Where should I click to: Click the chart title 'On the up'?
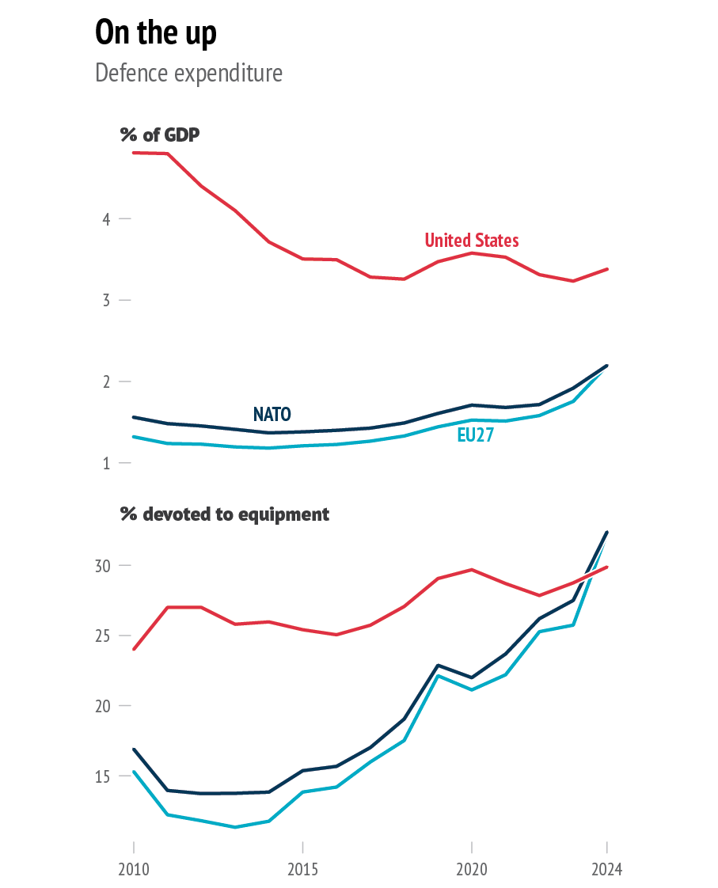[155, 33]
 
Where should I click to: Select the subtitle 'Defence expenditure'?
[188, 74]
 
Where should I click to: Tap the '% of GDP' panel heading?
[160, 135]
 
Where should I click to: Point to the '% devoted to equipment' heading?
[225, 514]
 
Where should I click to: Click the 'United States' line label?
[472, 241]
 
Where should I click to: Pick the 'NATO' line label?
[272, 414]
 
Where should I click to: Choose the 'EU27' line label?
[475, 435]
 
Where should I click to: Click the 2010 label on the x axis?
[133, 870]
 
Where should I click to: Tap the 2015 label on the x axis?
[302, 870]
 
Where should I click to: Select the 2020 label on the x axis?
[472, 870]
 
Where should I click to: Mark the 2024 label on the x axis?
[607, 870]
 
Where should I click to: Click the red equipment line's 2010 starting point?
[133, 649]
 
